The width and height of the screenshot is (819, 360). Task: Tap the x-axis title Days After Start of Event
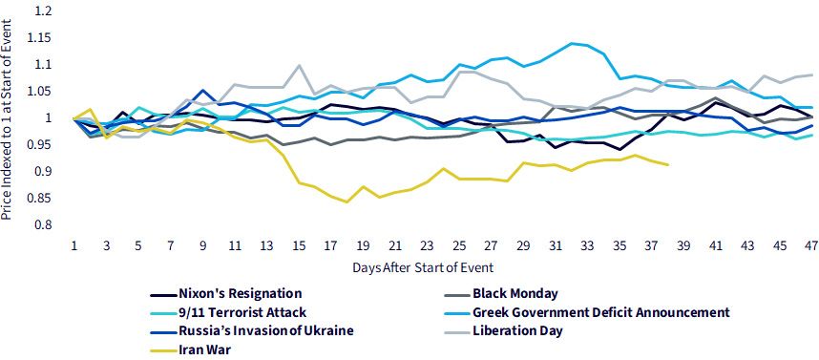point(423,268)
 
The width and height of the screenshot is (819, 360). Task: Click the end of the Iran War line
point(668,165)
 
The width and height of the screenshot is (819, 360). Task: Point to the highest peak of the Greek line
point(573,43)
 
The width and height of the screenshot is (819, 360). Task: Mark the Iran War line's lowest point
point(346,201)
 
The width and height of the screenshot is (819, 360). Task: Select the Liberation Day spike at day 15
point(299,65)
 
